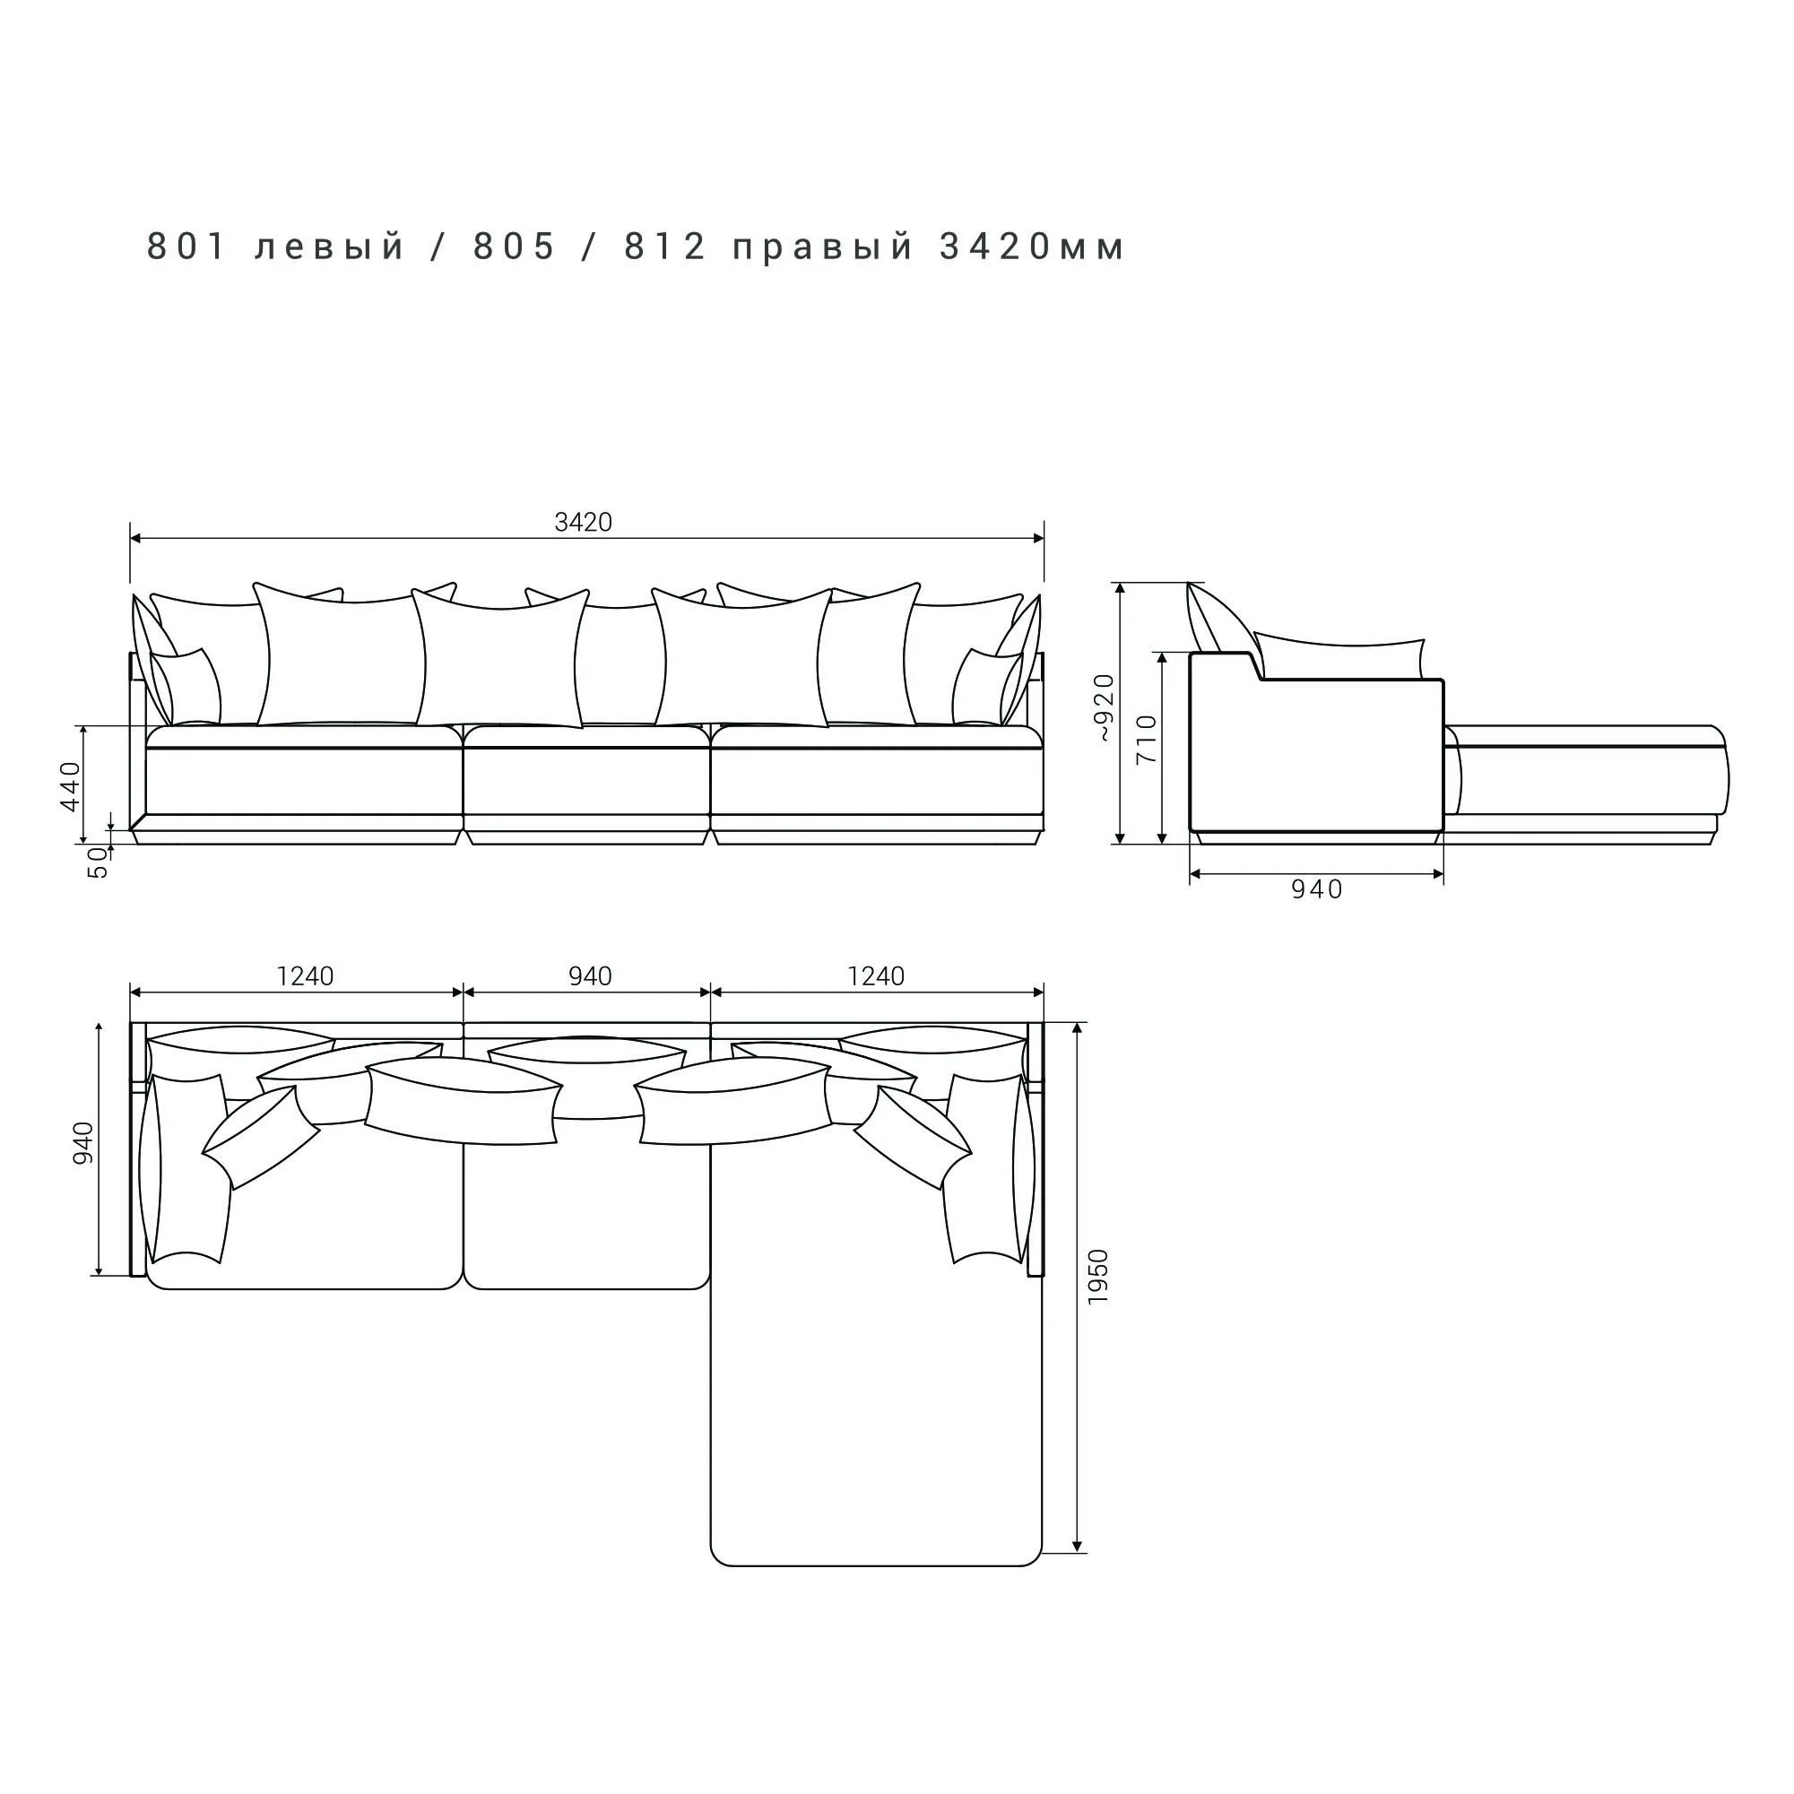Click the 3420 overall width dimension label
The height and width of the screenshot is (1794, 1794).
tap(583, 523)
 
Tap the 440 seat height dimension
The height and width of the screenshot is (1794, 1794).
tap(72, 785)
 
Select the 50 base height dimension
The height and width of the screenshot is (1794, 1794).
tap(99, 863)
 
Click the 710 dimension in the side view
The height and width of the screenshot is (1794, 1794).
tap(1148, 739)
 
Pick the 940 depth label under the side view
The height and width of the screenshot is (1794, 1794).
tap(1317, 889)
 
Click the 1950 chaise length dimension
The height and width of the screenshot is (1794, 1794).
tap(1098, 1276)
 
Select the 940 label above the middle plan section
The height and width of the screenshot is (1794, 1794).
tap(590, 976)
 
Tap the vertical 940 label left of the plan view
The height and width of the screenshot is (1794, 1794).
tap(83, 1143)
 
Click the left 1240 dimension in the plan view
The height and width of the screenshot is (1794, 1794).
tap(305, 976)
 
